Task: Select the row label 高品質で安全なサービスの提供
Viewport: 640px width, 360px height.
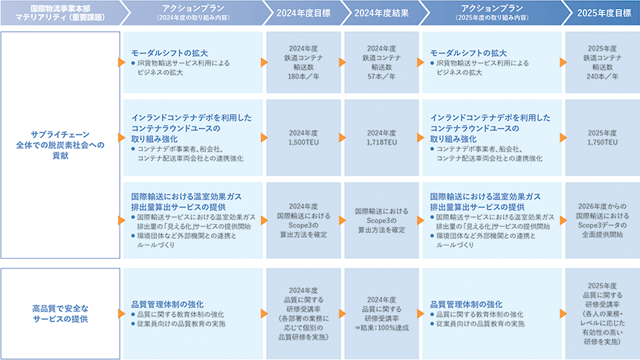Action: click(60, 313)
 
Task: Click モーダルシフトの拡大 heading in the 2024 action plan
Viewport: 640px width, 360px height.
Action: click(169, 54)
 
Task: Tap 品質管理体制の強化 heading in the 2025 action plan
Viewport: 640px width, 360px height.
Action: click(466, 303)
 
